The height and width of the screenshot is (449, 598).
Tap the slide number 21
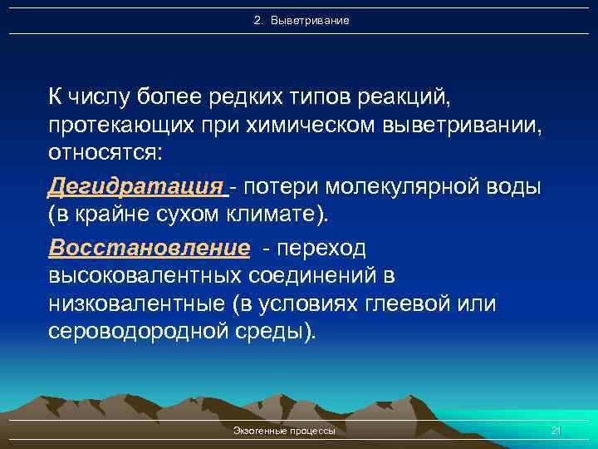[x=556, y=430]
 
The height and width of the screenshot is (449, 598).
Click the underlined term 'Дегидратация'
[x=137, y=185]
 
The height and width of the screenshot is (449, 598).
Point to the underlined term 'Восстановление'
[x=149, y=247]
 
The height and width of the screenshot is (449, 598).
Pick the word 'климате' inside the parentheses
[x=280, y=215]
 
